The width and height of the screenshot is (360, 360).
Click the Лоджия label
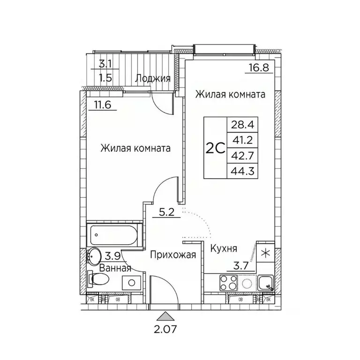[152, 78]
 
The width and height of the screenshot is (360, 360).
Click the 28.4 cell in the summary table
[238, 125]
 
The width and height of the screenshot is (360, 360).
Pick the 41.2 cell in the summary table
[238, 140]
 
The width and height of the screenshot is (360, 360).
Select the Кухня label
[223, 248]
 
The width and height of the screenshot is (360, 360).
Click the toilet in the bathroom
[97, 280]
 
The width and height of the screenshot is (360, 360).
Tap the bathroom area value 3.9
[112, 255]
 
